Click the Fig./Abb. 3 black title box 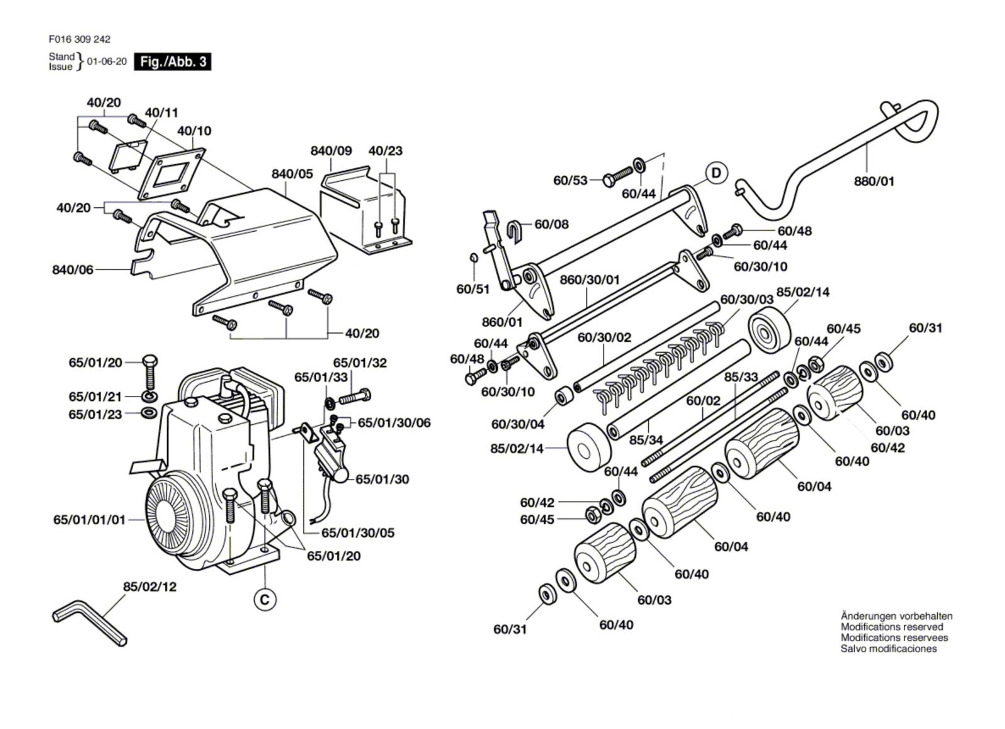tap(173, 62)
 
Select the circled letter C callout tap(265, 600)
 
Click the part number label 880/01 tap(874, 182)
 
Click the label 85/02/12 tap(149, 586)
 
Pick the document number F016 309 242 tap(79, 39)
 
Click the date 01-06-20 tap(107, 62)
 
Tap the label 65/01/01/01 tap(89, 520)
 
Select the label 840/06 tap(72, 270)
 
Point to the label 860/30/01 tap(589, 279)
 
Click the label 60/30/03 tap(747, 299)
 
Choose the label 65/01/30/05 tap(358, 533)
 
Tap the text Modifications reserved tap(892, 627)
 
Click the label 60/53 tap(570, 180)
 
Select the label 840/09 tap(331, 151)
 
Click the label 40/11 tap(161, 112)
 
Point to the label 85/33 tap(741, 377)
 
